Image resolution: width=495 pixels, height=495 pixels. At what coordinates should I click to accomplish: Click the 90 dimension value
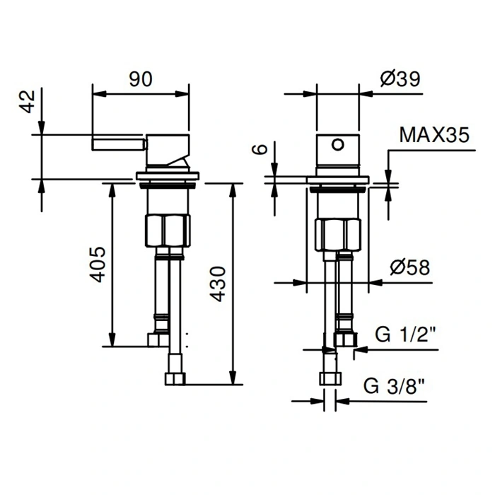tap(141, 79)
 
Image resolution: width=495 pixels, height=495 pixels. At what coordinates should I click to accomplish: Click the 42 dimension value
tap(28, 101)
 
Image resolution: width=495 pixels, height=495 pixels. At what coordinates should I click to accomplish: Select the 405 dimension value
tap(98, 264)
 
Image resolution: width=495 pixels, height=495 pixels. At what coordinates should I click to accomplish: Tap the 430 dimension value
tap(218, 284)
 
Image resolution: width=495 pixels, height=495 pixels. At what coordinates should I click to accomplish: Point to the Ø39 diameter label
tap(400, 79)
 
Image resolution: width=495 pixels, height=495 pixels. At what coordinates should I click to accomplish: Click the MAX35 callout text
tap(434, 135)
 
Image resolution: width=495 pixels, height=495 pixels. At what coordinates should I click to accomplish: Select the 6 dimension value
tap(260, 148)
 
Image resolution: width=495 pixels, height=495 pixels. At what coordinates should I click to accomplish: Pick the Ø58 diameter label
tap(409, 267)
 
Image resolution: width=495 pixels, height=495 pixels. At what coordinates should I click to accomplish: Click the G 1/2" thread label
tap(406, 334)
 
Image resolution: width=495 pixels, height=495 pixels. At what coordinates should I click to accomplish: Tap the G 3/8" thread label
tap(395, 386)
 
